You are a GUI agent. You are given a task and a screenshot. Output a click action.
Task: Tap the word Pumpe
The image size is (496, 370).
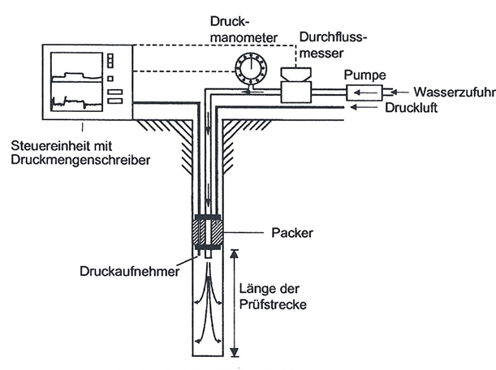[x=361, y=73]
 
